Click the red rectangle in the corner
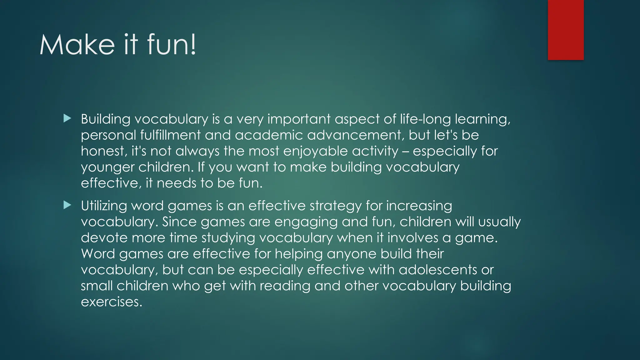(x=566, y=30)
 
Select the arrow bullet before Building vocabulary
(x=67, y=118)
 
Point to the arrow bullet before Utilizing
(x=67, y=205)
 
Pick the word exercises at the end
(x=111, y=302)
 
